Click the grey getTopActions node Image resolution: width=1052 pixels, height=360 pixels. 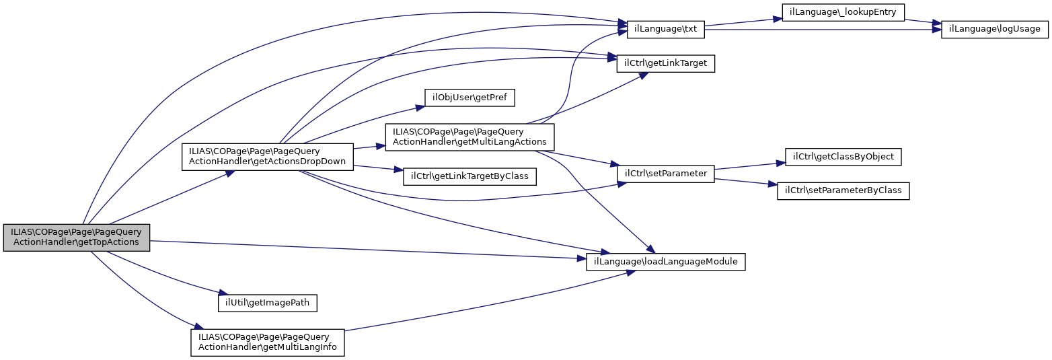pos(76,237)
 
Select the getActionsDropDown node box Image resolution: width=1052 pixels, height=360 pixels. pos(268,157)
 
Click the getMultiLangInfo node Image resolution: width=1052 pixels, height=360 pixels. pos(268,343)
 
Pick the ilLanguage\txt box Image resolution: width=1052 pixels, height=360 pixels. pos(665,29)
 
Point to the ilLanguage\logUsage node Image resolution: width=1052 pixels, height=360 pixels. pos(994,29)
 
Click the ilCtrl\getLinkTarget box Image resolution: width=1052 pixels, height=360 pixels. pos(665,63)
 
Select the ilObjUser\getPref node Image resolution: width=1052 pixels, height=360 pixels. pos(469,98)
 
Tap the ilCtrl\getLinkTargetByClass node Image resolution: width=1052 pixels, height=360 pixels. pos(469,176)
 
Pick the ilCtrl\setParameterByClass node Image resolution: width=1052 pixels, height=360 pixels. pos(843,190)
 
